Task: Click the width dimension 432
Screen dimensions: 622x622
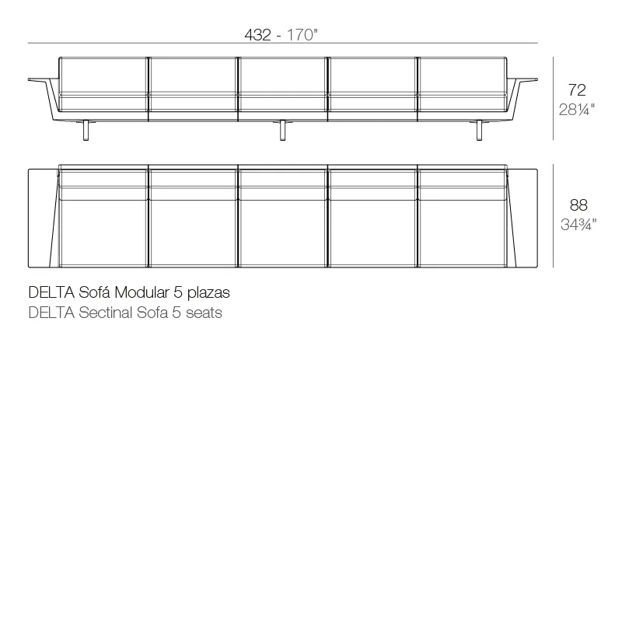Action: point(258,35)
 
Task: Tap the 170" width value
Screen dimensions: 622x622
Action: point(302,35)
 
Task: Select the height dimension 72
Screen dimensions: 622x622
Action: point(577,90)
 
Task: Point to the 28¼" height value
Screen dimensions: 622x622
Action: point(577,110)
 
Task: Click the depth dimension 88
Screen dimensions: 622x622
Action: point(578,205)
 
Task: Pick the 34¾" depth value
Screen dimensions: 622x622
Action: point(578,225)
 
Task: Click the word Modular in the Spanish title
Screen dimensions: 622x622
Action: point(142,293)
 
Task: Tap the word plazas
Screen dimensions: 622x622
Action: point(208,294)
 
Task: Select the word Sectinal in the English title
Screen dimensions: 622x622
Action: point(106,313)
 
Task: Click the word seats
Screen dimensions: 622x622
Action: point(204,313)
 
